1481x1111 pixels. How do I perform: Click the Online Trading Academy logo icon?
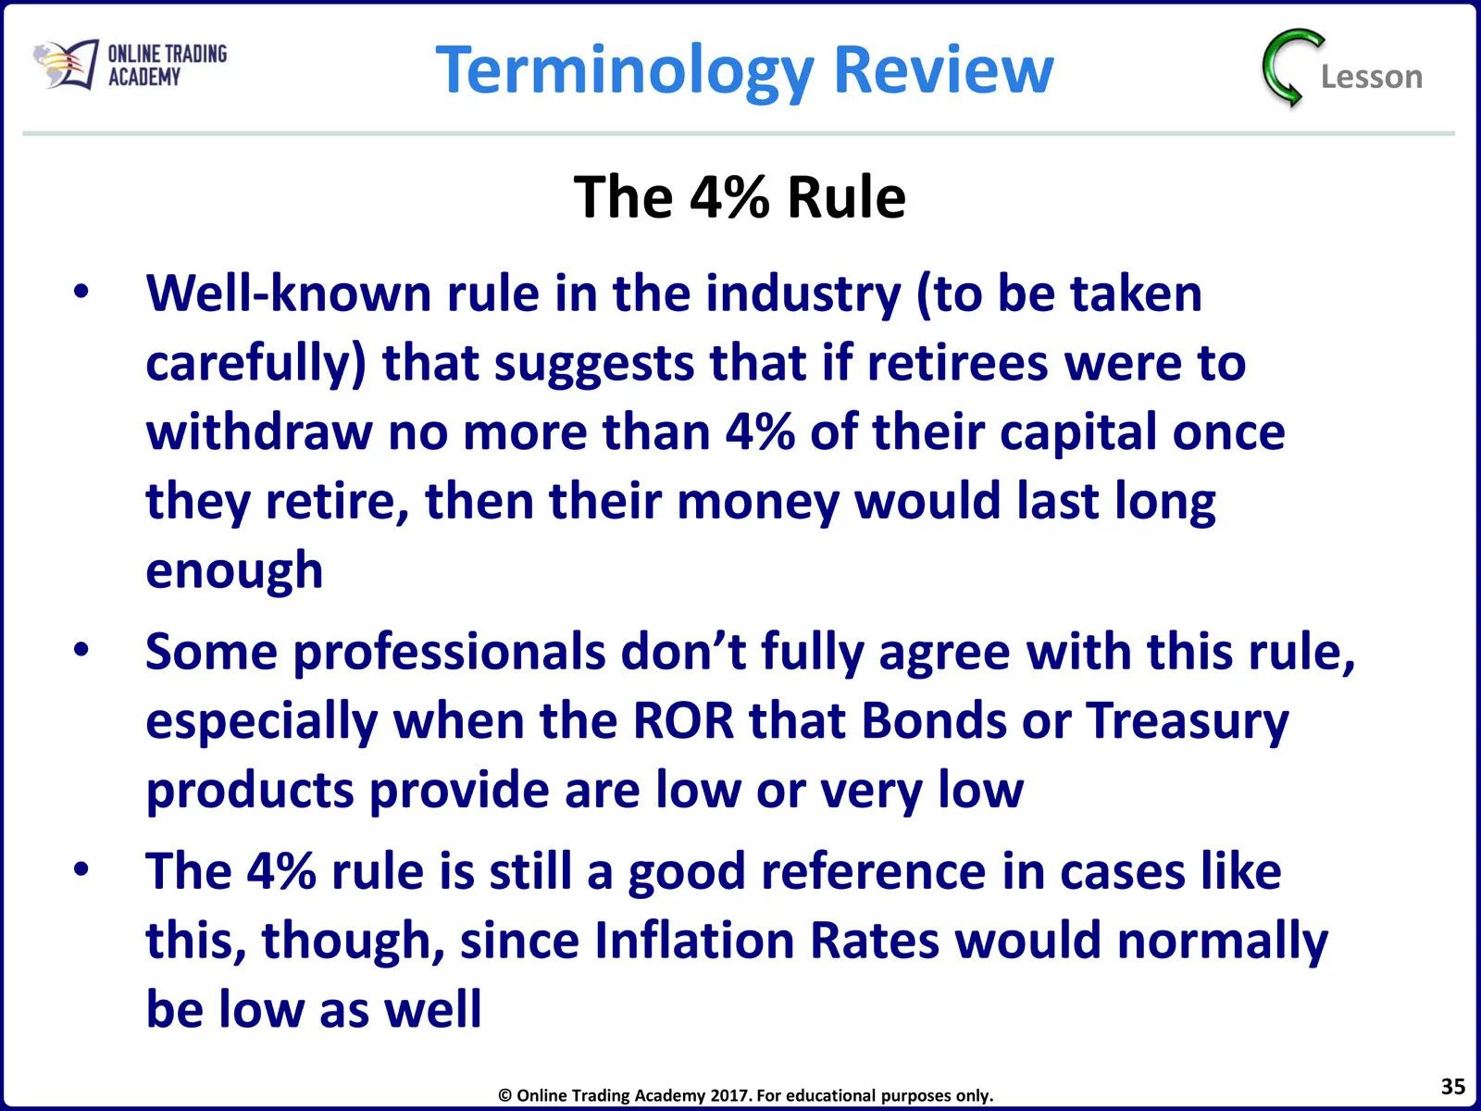66,64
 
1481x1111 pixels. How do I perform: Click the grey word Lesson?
1371,77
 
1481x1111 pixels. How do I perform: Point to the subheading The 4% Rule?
740,197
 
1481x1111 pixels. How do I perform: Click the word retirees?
957,363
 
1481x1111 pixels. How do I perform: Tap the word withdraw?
259,431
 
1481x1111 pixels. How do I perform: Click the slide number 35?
1452,1087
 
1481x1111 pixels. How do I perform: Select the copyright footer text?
745,1095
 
